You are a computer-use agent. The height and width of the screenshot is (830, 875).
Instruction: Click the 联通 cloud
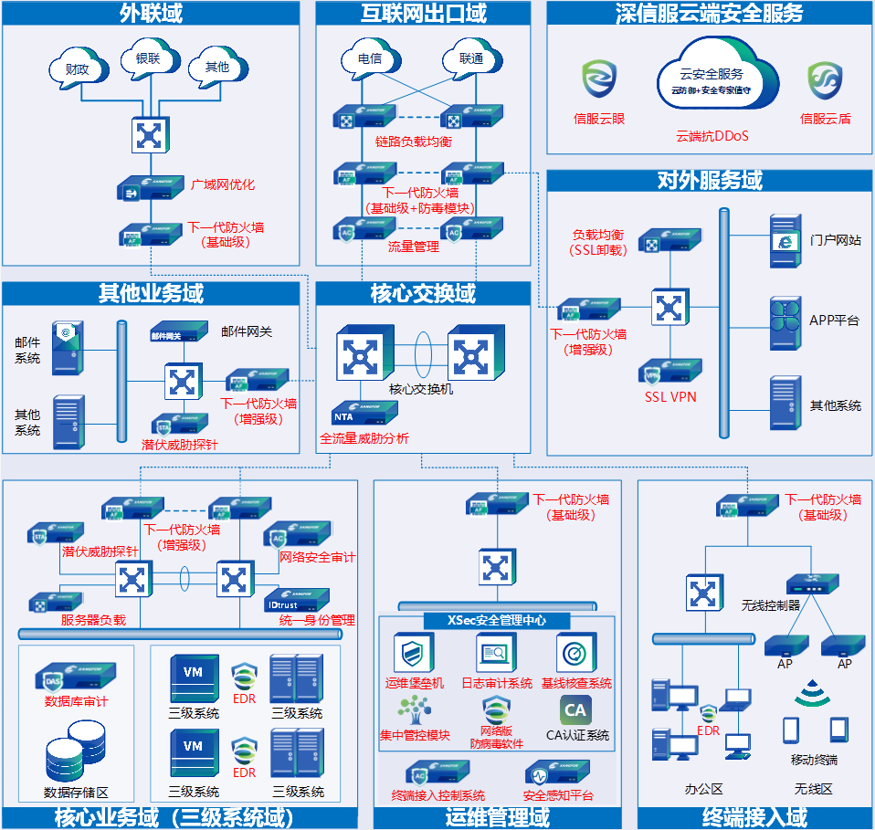471,60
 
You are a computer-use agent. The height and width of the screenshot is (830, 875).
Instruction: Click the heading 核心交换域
423,294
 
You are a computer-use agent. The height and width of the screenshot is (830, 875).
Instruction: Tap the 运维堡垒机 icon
413,654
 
